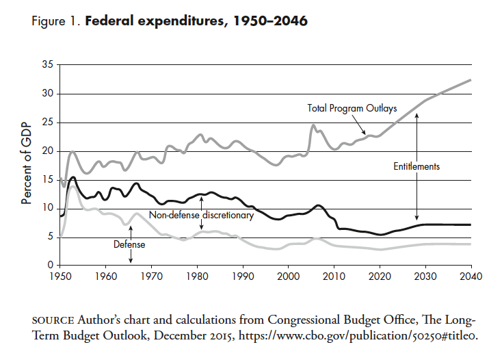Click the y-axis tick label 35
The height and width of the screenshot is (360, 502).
47,65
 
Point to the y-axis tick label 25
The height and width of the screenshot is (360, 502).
47,123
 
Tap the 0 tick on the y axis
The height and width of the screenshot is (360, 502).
51,266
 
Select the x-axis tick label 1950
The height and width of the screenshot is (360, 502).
60,277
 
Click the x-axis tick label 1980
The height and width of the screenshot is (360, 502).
197,277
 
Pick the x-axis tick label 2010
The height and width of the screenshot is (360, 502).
334,277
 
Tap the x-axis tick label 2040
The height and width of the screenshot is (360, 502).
471,277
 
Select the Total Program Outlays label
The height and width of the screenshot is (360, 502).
352,108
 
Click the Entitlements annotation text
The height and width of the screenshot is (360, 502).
417,166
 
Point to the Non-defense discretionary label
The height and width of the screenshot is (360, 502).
201,215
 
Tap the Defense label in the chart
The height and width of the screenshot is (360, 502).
129,243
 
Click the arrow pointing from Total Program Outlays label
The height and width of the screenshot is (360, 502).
359,125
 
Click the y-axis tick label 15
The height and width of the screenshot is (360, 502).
47,180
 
